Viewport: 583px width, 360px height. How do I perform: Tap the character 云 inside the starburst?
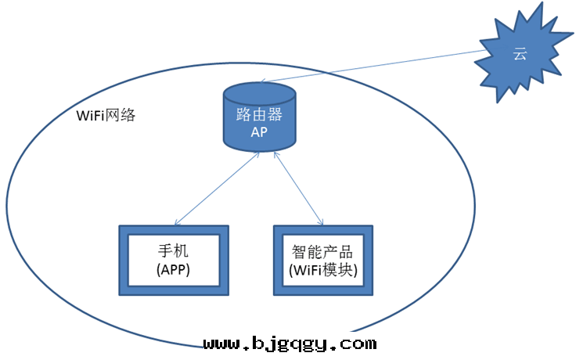point(519,54)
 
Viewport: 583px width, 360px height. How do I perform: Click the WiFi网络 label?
point(106,115)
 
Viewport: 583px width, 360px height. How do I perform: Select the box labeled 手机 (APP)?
point(174,261)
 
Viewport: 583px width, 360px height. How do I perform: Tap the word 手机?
point(174,252)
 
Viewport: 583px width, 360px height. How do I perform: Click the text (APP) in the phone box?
point(174,270)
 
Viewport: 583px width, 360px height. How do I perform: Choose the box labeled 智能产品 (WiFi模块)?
point(322,261)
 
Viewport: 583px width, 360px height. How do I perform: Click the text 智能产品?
point(322,252)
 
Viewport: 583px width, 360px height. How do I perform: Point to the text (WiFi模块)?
point(322,271)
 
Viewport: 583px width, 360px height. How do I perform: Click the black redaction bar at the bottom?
point(290,342)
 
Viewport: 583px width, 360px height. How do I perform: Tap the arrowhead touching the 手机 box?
point(176,224)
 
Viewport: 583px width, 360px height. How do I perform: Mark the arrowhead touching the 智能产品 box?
point(322,224)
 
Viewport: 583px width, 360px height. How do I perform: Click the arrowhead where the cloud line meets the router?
point(262,81)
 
